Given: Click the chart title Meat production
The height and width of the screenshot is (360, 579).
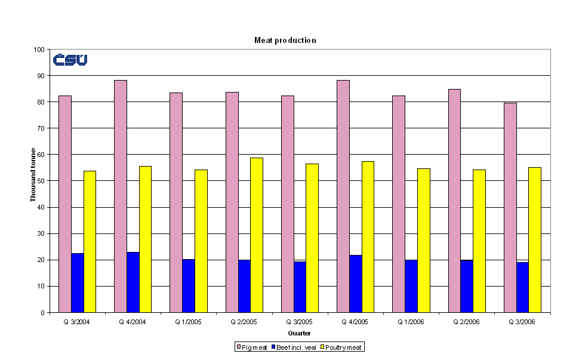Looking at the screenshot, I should (x=285, y=40).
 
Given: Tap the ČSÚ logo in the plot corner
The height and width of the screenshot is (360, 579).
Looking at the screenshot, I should (x=70, y=60).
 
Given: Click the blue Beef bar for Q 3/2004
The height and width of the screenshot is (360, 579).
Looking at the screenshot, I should (x=78, y=282).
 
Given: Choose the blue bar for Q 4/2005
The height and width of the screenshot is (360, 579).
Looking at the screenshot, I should (x=355, y=284).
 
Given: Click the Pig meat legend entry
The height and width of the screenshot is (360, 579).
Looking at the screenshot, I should (x=251, y=347).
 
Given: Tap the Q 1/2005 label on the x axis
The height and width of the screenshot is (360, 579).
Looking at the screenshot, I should (x=189, y=321).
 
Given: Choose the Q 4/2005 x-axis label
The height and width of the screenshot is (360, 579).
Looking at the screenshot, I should (x=355, y=321).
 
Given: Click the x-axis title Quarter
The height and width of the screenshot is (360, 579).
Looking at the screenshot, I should (x=299, y=333).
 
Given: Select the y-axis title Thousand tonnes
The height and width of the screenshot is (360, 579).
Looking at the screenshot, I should (x=33, y=175).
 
